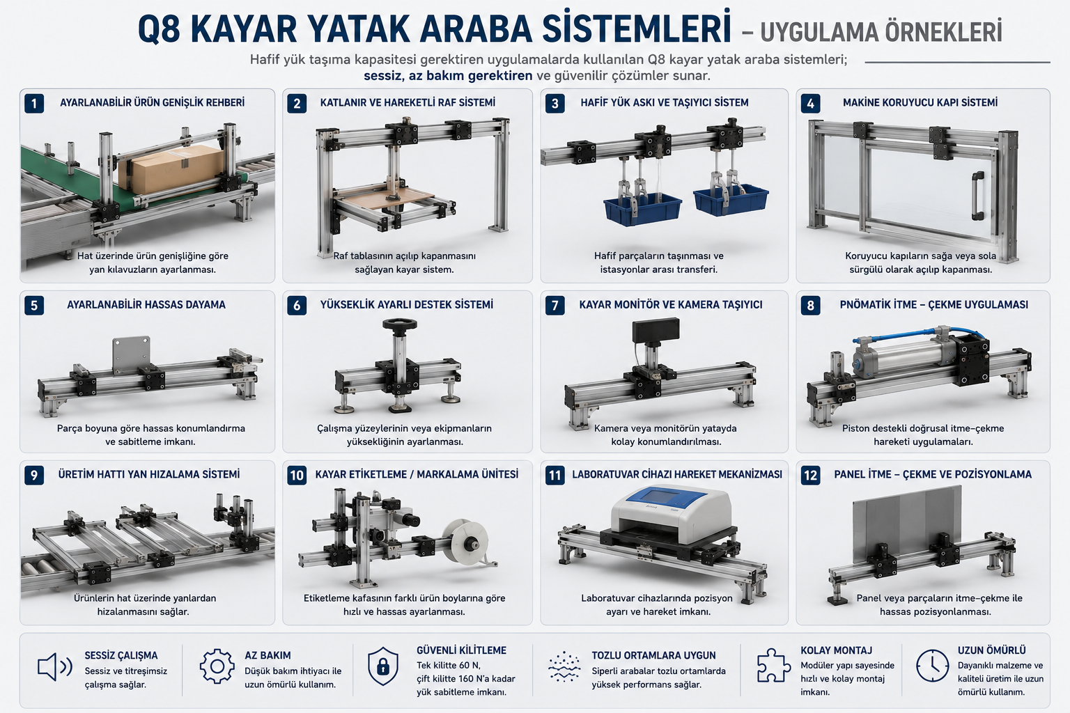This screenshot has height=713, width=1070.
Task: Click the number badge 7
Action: click(555, 306)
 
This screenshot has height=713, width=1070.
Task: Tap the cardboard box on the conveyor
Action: click(171, 169)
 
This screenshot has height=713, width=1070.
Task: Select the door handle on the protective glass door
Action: click(977, 196)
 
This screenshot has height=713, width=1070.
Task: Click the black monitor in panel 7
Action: click(656, 331)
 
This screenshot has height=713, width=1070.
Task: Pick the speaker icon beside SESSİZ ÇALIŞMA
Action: click(54, 666)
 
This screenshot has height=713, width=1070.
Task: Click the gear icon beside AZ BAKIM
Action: click(217, 666)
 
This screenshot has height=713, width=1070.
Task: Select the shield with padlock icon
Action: click(383, 666)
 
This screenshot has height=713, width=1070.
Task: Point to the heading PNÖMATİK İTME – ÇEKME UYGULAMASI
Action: click(934, 305)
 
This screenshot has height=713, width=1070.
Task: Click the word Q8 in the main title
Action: click(159, 30)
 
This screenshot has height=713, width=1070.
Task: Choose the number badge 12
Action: click(810, 475)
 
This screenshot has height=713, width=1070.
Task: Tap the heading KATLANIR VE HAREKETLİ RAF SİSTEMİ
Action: click(408, 102)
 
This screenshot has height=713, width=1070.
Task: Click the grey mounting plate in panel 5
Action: click(132, 355)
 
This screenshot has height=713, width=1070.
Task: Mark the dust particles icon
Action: click(564, 666)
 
